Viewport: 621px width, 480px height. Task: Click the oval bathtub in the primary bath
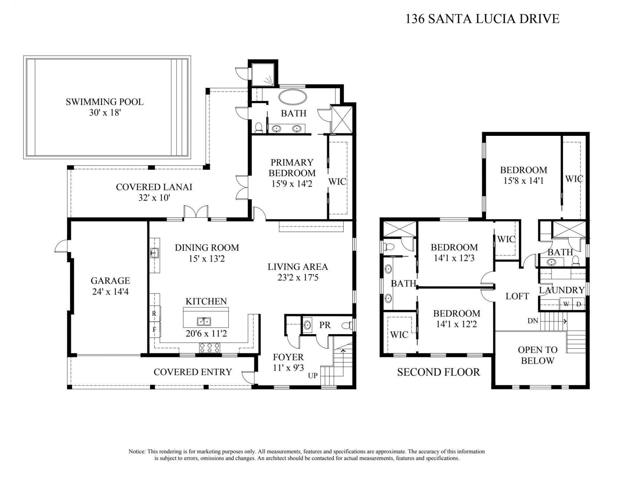point(292,97)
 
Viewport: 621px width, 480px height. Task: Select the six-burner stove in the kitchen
point(209,348)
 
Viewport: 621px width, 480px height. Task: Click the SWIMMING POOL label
point(104,102)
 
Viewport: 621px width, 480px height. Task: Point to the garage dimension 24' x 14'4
point(110,292)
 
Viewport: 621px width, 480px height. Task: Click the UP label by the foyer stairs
point(312,376)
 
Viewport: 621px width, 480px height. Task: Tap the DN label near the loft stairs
point(533,321)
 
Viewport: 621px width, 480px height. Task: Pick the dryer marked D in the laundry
point(579,304)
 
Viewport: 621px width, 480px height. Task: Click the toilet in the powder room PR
point(347,325)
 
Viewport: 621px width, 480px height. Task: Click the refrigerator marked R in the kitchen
point(154,313)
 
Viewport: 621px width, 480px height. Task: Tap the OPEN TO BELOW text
point(538,355)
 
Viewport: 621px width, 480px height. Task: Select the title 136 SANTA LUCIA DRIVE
point(482,19)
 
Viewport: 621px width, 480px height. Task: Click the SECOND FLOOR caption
point(438,372)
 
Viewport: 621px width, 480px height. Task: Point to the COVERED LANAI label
point(154,187)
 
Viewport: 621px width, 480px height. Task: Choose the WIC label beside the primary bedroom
point(337,181)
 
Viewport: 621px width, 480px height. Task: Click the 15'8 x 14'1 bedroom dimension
point(523,181)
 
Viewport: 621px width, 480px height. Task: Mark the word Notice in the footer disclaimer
point(137,451)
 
